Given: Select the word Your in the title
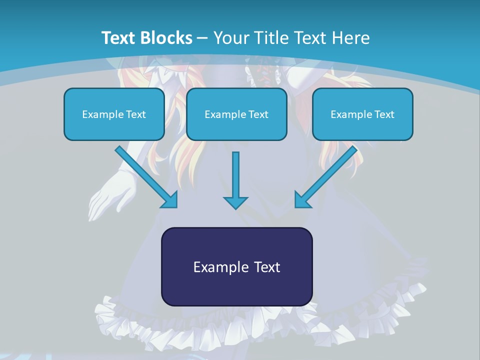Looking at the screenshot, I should tap(231, 38).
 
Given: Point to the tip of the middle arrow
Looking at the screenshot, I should tap(235, 207).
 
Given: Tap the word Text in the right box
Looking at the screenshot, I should tap(384, 114).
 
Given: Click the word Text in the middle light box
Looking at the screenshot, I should tap(258, 114).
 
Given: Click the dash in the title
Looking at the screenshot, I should tap(202, 38).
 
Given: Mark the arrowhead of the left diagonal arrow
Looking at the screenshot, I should tap(170, 199).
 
